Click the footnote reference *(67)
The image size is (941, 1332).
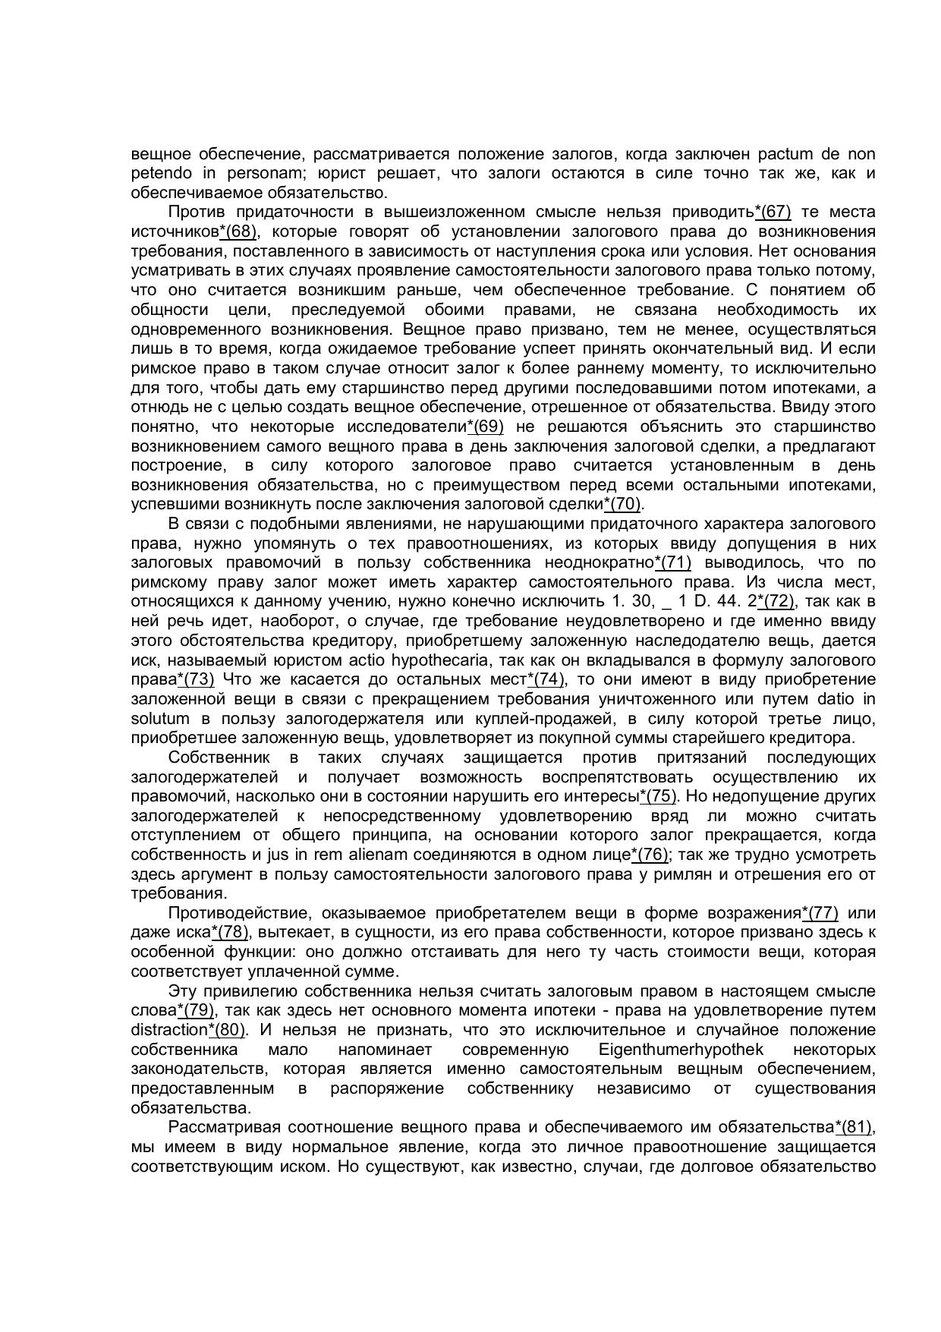pyautogui.click(x=773, y=212)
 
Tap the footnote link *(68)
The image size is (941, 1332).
pyautogui.click(x=238, y=231)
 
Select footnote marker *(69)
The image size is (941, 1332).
pyautogui.click(x=485, y=427)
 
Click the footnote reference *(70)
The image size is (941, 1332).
pyautogui.click(x=622, y=505)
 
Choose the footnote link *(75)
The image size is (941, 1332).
pyautogui.click(x=658, y=797)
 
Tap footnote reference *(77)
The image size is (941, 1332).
pyautogui.click(x=820, y=913)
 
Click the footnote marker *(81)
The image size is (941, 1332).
pyautogui.click(x=853, y=1127)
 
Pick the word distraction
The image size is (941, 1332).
pyautogui.click(x=168, y=1031)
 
